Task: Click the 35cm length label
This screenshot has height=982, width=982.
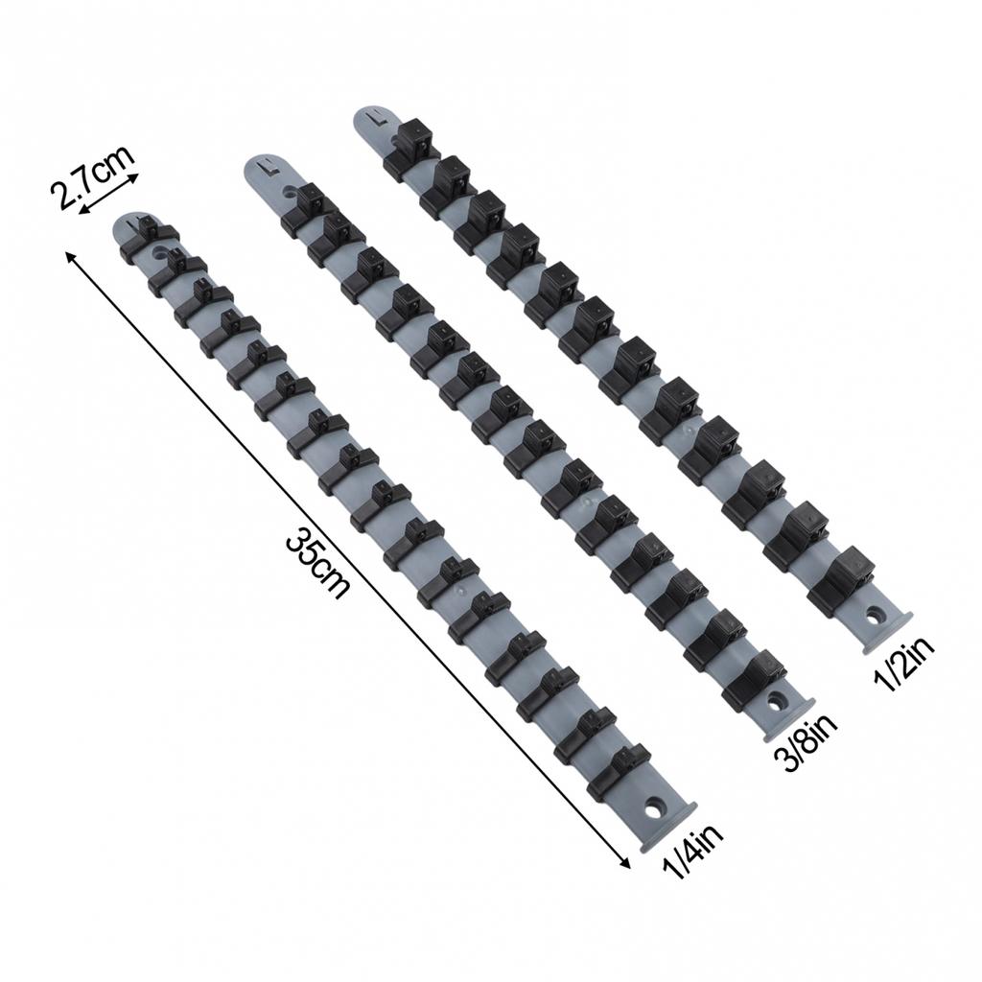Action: pyautogui.click(x=317, y=564)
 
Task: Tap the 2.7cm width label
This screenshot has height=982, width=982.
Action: pyautogui.click(x=94, y=177)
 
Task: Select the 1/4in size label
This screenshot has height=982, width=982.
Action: pyautogui.click(x=693, y=852)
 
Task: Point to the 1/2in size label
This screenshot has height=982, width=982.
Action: pyautogui.click(x=905, y=663)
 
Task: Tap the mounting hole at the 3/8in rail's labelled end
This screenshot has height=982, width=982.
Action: pyautogui.click(x=775, y=700)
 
